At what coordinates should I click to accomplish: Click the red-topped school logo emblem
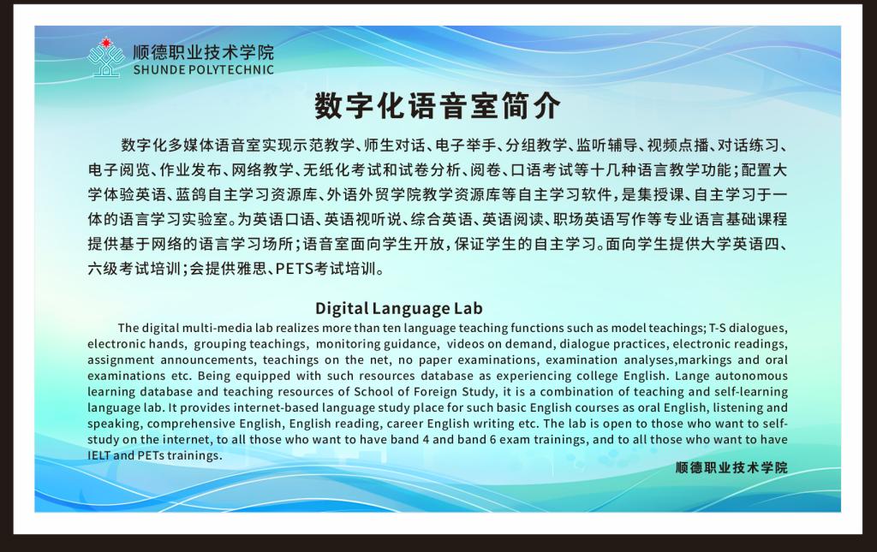coord(105,57)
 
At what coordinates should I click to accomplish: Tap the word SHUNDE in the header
coord(158,70)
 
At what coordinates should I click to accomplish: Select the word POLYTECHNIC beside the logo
coord(231,70)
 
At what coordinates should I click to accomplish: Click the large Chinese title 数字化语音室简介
coord(438,106)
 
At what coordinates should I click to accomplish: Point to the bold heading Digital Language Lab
coord(399,308)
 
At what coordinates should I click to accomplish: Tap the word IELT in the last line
coord(98,455)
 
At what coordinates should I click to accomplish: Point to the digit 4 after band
coord(427,440)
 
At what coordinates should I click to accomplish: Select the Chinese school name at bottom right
coord(731,467)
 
